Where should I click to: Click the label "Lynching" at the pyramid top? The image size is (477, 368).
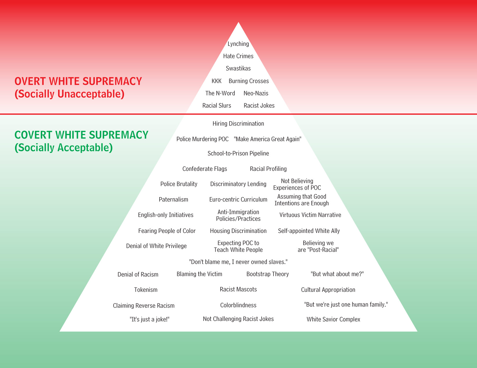point(238,44)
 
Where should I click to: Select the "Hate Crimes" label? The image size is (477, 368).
point(238,56)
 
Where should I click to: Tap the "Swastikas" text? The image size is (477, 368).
point(238,68)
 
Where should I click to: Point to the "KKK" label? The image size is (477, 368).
point(217,81)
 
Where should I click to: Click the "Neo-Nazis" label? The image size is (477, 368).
point(256,93)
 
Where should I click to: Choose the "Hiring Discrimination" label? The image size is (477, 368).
point(238,124)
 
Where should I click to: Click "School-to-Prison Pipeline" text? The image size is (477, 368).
point(238,154)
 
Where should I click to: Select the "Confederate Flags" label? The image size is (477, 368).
point(205,169)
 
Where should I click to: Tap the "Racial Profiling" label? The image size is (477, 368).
point(268,169)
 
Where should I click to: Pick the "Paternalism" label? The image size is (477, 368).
point(173,199)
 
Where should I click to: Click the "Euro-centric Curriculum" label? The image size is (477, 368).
point(238,199)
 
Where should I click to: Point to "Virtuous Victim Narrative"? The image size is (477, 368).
point(310,215)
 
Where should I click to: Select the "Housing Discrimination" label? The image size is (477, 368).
point(238,231)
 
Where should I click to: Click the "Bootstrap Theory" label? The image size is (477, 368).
point(267,274)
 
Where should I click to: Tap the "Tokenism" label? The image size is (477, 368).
point(146,290)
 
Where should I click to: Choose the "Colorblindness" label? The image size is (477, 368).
point(238,305)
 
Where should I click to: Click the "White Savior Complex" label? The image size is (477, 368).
point(333,319)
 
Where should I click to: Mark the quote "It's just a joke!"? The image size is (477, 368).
point(149,319)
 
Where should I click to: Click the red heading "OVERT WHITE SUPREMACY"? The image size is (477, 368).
point(78,81)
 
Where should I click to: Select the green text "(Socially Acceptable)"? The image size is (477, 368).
point(64,148)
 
